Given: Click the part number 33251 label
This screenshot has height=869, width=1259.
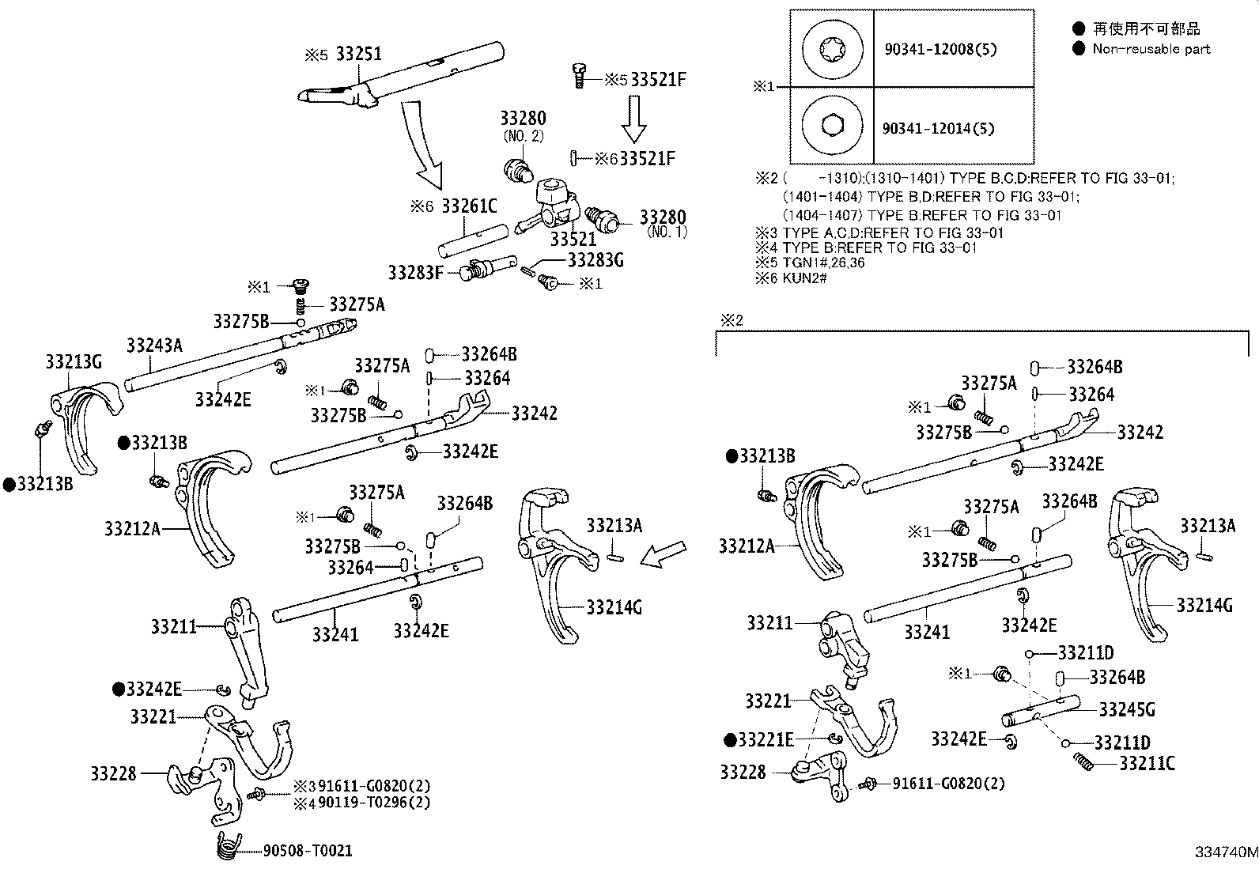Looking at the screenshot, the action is point(358,54).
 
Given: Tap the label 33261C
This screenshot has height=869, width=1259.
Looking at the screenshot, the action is point(469,206).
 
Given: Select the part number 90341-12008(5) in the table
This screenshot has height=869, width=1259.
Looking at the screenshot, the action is point(940,50).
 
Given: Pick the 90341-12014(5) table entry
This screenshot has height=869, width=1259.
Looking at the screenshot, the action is point(938,129).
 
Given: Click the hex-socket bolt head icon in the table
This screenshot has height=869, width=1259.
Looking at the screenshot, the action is point(833,125).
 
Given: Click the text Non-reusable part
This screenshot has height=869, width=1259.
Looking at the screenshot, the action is point(1151,49).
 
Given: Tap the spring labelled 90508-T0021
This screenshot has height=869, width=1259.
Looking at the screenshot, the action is point(229,845).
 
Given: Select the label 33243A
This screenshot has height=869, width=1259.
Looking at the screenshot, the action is point(154,345).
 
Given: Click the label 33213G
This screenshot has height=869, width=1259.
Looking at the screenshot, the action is point(74,362).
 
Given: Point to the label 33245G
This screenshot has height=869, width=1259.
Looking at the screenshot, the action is point(1127,710).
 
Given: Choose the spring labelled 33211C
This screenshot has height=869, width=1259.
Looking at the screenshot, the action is point(1083,762).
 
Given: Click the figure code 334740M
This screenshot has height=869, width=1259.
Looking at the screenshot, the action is point(1227,852).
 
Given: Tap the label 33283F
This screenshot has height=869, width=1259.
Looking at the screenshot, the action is point(416,273).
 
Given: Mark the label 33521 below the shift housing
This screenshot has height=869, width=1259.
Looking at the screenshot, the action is point(573,240).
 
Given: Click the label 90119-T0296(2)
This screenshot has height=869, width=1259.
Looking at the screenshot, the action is point(374,802).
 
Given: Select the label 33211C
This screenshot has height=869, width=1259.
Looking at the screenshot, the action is point(1147,763).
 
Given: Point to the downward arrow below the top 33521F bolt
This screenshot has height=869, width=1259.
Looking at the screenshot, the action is point(633,119).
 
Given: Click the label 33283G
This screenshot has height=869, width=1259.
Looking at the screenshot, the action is point(595,259).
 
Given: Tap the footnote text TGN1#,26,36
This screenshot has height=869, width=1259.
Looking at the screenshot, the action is point(823,263).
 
